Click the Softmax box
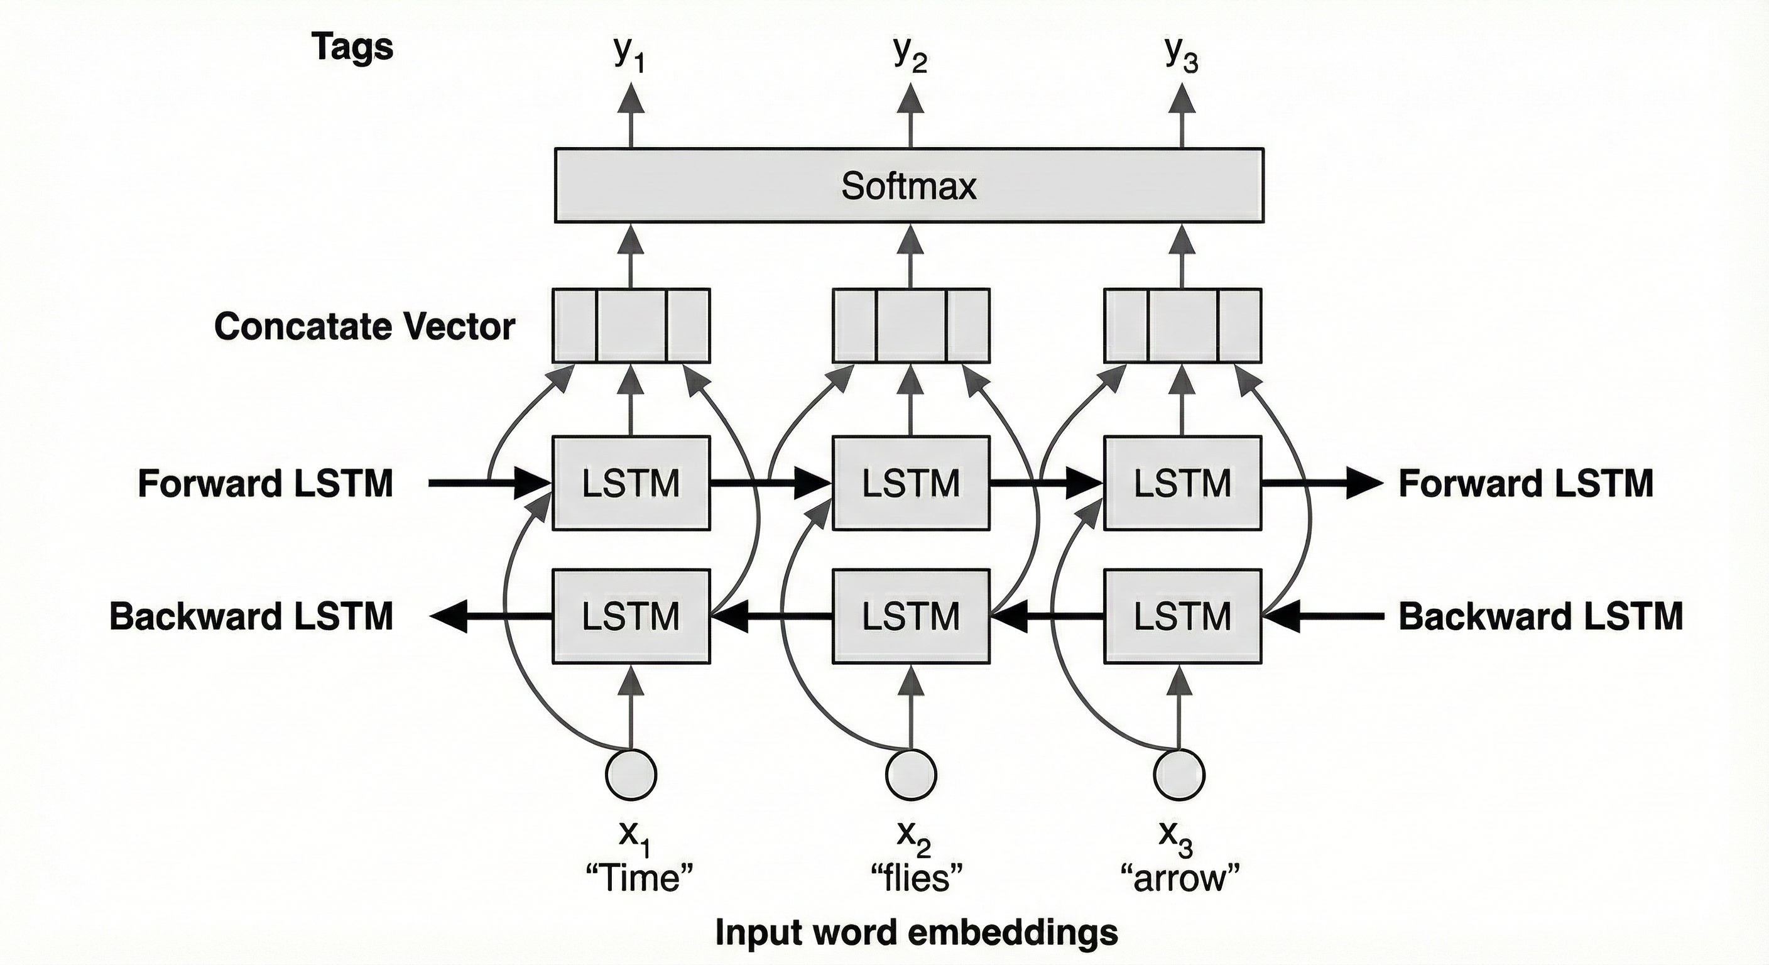click(x=908, y=185)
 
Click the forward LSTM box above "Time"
click(x=631, y=483)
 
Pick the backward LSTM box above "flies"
click(x=911, y=616)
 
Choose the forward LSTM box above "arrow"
click(x=1182, y=483)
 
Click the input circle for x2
click(x=911, y=775)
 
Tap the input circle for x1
click(x=631, y=775)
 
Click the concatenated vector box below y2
click(x=911, y=325)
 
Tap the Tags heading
click(x=353, y=46)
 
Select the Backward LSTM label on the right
click(x=1540, y=616)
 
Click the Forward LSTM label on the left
click(x=265, y=484)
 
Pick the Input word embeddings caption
click(x=916, y=933)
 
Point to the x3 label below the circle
click(x=1176, y=835)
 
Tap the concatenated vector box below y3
click(x=1182, y=325)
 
